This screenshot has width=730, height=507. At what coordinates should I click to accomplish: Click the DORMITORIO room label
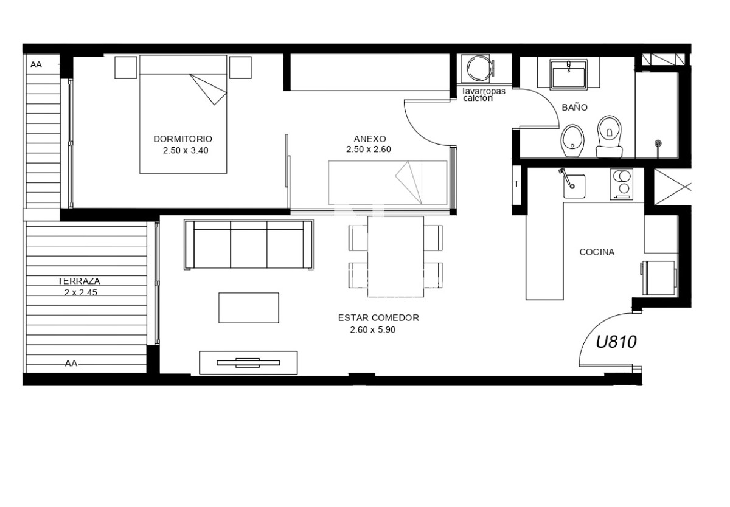pos(182,139)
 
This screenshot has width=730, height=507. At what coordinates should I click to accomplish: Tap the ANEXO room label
pos(369,139)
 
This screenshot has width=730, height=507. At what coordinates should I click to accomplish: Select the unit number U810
pos(616,342)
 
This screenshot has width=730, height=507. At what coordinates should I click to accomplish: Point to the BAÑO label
pos(574,108)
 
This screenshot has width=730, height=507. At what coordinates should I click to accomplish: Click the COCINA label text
pos(597,252)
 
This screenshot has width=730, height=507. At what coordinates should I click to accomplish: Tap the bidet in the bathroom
pos(571,137)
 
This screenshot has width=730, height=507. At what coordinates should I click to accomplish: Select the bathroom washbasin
pos(568,74)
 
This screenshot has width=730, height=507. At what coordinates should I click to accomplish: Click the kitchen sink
pos(572,186)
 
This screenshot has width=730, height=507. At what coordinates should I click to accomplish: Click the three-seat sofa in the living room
pos(249,245)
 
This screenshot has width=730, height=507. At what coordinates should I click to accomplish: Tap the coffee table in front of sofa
pos(249,308)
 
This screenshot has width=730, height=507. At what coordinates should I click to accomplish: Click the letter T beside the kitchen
pos(516,184)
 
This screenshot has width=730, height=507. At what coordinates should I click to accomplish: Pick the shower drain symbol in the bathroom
pos(658,143)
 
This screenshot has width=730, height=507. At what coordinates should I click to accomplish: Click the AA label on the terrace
pos(71,364)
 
